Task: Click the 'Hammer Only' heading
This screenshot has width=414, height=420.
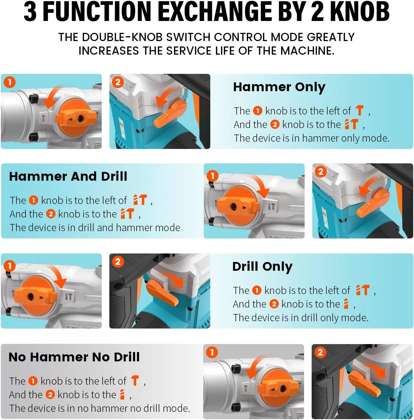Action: (279, 87)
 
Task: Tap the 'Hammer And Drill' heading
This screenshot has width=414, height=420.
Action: (68, 176)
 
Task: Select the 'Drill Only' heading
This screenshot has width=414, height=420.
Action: (262, 267)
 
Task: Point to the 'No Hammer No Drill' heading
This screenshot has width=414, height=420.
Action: (74, 357)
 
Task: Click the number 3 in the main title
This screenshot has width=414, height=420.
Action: (30, 12)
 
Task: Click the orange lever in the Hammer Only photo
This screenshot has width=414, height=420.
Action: (170, 113)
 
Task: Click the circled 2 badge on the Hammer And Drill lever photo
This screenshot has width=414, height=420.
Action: (321, 172)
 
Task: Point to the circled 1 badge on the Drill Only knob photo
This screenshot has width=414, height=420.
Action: (10, 266)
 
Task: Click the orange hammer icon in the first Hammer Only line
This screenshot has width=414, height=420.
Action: (360, 110)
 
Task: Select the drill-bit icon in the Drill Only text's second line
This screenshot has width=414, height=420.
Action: (346, 304)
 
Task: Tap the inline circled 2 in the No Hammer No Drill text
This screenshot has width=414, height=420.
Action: (50, 395)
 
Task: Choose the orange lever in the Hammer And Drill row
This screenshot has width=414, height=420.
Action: (373, 202)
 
